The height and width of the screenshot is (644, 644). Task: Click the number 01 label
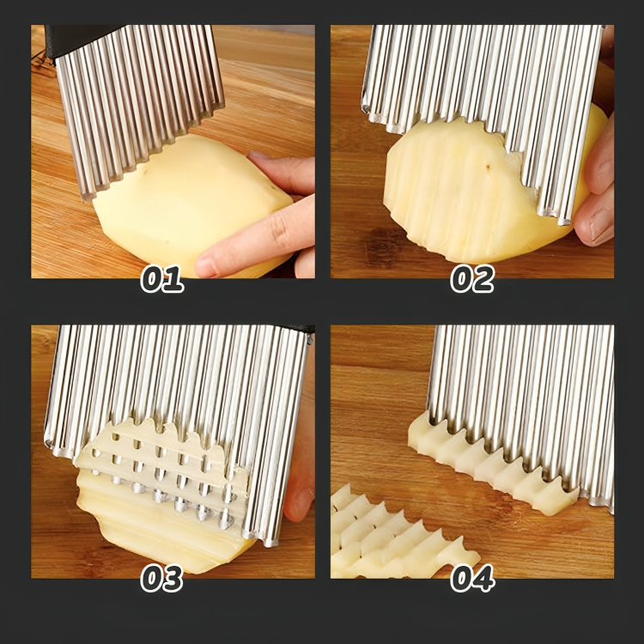(161, 279)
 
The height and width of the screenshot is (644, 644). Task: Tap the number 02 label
(472, 279)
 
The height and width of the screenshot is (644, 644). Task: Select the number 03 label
(161, 578)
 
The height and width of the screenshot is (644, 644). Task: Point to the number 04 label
(472, 578)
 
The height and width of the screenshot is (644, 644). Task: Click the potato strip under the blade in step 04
(489, 468)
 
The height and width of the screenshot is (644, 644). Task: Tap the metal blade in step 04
(524, 386)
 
